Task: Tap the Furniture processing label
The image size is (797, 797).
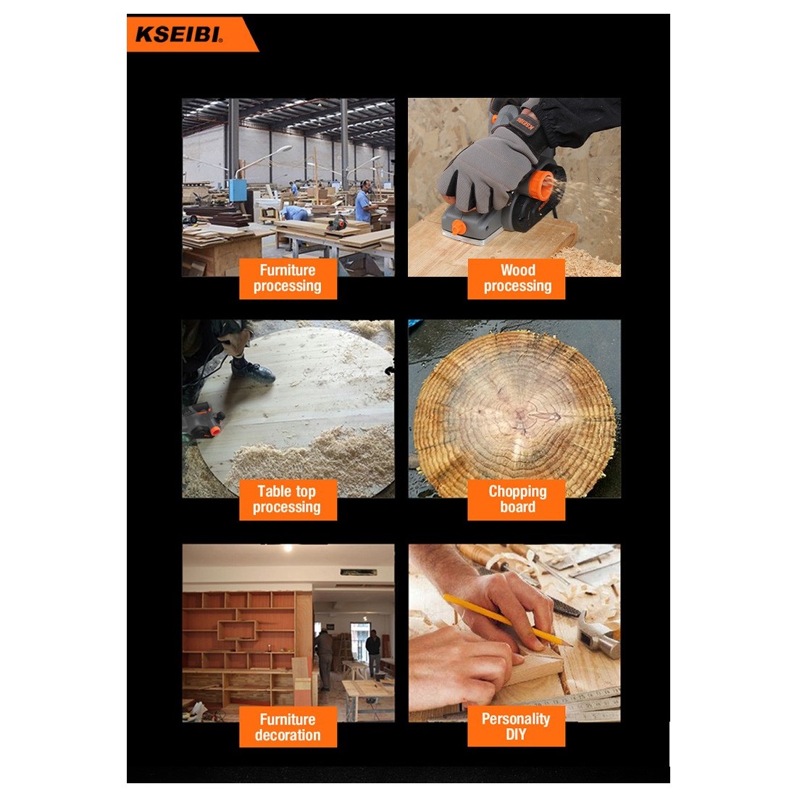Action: coord(288,278)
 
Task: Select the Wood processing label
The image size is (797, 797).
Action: coord(517,278)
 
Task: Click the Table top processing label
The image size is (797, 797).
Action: coord(288,499)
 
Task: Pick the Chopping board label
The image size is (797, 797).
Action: coord(517,499)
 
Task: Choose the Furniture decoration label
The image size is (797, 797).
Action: coord(288,726)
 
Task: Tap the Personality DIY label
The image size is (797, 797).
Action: coord(517,726)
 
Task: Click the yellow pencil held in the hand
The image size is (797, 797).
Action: coord(506,621)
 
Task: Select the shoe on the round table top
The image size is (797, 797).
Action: coord(253,370)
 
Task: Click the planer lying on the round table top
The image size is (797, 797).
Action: coord(204,420)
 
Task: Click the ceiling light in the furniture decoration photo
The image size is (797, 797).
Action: coord(288,548)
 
